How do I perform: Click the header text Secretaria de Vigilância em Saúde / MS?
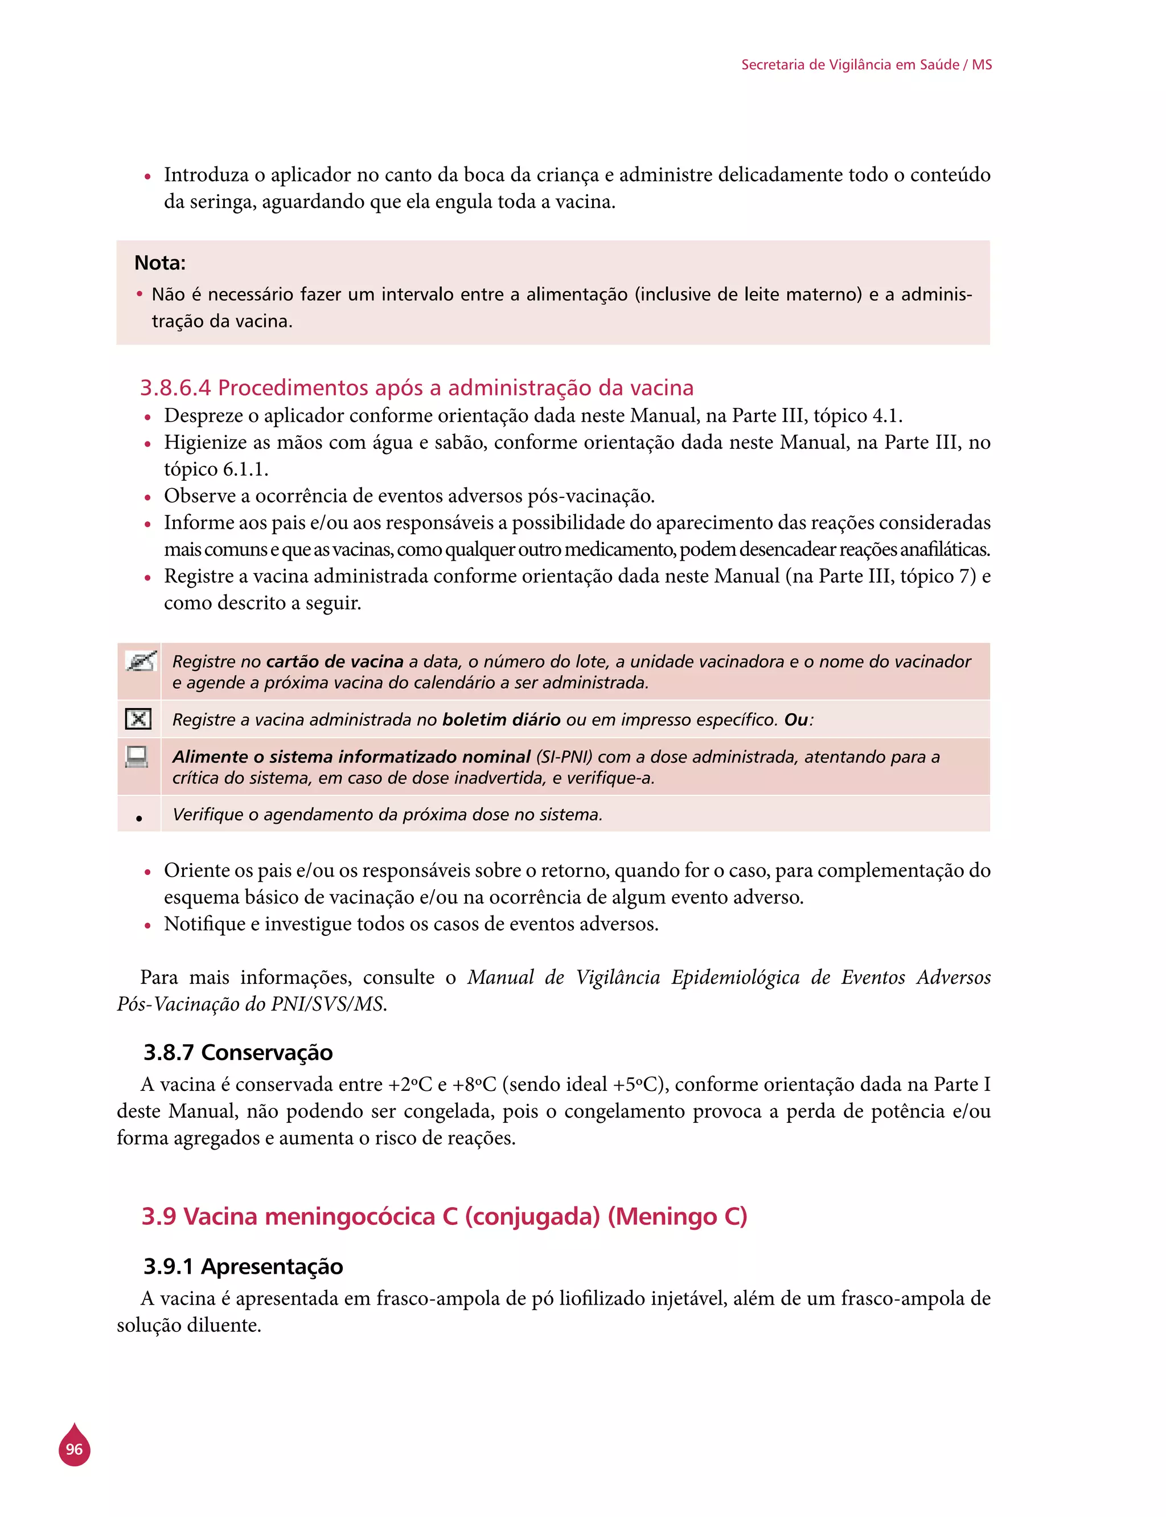(866, 64)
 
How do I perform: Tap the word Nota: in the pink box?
(159, 263)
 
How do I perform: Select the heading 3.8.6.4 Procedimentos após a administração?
(416, 387)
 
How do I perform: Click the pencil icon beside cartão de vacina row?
(140, 661)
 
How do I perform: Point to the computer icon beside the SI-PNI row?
(137, 756)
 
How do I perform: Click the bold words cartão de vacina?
(335, 661)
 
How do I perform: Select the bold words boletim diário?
(501, 720)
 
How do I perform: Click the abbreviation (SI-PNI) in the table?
(564, 757)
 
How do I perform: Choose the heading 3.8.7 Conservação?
(238, 1053)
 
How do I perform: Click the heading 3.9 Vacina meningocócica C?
(444, 1216)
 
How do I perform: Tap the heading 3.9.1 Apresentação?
(243, 1266)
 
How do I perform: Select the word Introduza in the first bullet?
(206, 175)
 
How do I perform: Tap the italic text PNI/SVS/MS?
(329, 1005)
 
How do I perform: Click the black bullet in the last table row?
(139, 819)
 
